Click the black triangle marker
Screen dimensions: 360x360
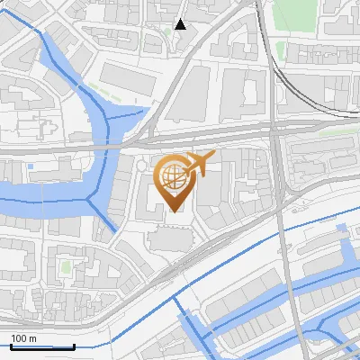tap(181, 24)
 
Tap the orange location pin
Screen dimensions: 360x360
tap(175, 180)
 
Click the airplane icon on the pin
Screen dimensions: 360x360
tap(198, 164)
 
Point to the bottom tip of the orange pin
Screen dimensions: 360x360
tap(175, 211)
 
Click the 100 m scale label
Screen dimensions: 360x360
tap(23, 338)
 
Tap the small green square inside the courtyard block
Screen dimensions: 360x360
tap(65, 267)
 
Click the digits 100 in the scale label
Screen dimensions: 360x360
tap(19, 338)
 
